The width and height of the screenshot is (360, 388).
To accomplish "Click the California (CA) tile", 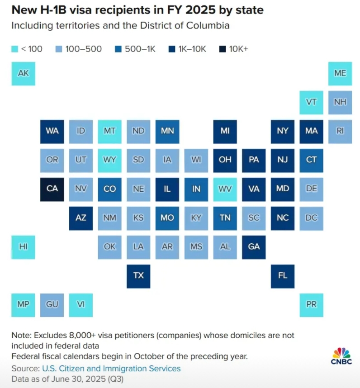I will [x=52, y=189].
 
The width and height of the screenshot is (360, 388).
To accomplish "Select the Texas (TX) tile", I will [x=138, y=275].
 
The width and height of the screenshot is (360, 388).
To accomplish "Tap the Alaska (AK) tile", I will [x=23, y=73].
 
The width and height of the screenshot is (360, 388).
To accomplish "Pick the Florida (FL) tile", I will [x=282, y=275].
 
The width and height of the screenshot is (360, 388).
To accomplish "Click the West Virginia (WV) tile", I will [x=225, y=189].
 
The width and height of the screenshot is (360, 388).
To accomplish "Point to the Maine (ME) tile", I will [x=340, y=73].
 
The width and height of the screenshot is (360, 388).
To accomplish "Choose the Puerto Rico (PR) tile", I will [x=311, y=304].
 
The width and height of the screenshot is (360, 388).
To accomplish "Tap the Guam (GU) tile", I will [x=52, y=304].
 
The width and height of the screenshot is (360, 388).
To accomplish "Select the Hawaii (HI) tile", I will [x=23, y=246].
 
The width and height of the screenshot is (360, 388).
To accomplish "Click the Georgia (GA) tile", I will [x=254, y=246].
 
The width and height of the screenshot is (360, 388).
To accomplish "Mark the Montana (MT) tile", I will [x=109, y=131].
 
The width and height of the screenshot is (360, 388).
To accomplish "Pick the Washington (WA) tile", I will [x=52, y=131].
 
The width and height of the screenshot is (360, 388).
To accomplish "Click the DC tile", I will [x=311, y=218].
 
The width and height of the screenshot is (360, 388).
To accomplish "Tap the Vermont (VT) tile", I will [x=311, y=102].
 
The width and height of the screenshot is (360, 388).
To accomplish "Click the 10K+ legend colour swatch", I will [x=223, y=49].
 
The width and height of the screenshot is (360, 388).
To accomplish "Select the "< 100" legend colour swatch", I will [x=14, y=49].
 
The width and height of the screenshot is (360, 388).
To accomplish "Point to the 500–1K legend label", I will [x=140, y=49].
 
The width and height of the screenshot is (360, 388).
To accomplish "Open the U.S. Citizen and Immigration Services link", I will [x=111, y=369].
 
